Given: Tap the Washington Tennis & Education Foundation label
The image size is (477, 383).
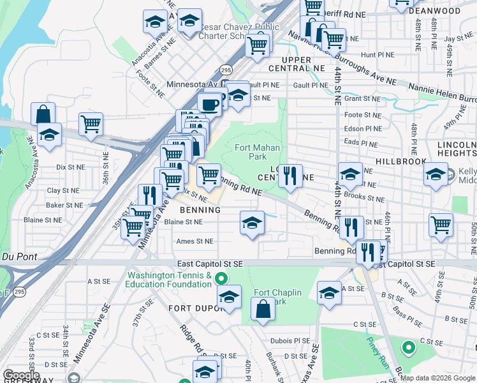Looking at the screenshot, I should pos(170,281).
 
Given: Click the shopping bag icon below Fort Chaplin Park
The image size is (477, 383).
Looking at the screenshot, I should pos(263,310).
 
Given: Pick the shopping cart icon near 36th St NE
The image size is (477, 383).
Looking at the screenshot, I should pos(91,124).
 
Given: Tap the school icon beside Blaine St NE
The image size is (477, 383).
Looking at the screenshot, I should pos(252,223).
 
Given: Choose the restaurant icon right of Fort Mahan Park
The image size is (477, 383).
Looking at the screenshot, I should pos(290,176).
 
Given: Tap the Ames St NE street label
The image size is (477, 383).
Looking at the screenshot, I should pos(195,241).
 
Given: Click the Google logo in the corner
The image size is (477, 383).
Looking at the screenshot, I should pos(21,375).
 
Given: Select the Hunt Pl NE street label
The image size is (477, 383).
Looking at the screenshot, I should pos(376,56).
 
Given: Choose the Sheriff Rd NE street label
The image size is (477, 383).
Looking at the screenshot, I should pos(362,13).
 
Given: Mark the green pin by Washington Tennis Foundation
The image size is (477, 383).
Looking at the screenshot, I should pos(221,278).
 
